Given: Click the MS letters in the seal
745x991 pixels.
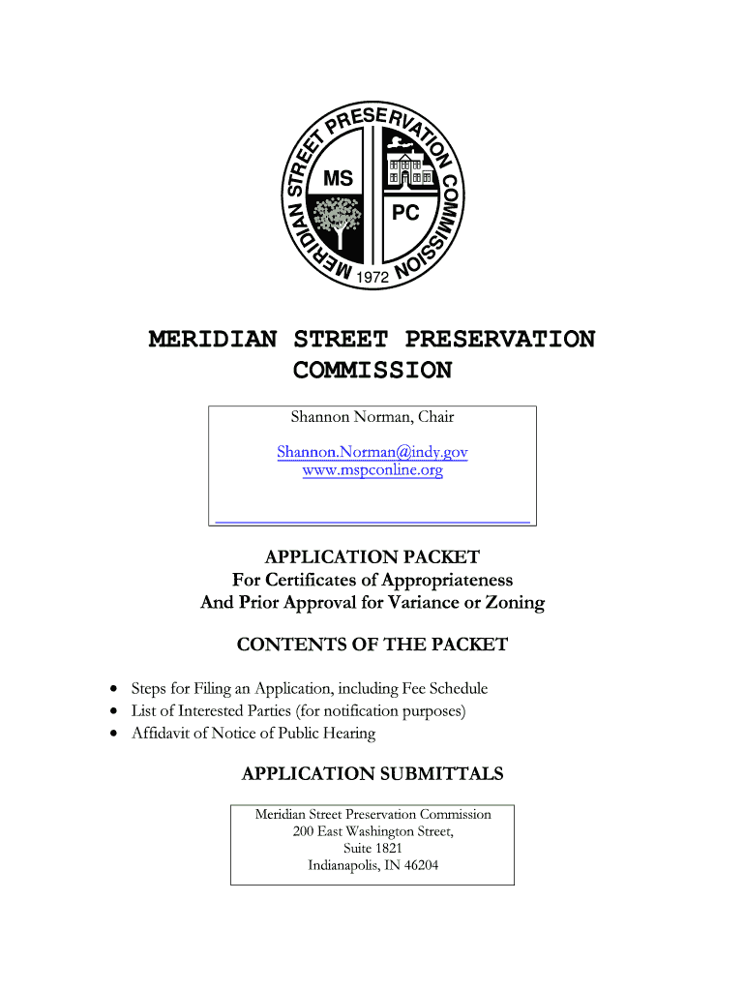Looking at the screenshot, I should [338, 179].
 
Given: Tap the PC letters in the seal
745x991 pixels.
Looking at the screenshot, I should [405, 213].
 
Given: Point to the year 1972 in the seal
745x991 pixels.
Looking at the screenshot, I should [372, 278].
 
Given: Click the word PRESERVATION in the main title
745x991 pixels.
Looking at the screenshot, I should [500, 340].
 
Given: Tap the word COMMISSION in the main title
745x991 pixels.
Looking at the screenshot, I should [372, 371].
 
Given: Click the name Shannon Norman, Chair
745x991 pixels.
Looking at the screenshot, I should [372, 417].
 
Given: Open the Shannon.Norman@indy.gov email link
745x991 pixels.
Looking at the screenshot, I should [372, 452].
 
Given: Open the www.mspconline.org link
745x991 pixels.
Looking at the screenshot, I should [372, 471].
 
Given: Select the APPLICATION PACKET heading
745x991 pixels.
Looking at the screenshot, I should [372, 557].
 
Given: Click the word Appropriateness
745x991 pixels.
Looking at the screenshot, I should [447, 581].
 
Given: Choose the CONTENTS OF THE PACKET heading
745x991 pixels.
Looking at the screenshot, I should [372, 645].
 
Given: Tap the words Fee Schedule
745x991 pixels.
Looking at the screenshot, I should [452, 689].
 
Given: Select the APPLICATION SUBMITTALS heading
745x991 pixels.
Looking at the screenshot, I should [372, 774].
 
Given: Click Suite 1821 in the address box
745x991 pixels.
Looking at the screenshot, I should [372, 849].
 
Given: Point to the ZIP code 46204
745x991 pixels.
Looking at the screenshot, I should [419, 865].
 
